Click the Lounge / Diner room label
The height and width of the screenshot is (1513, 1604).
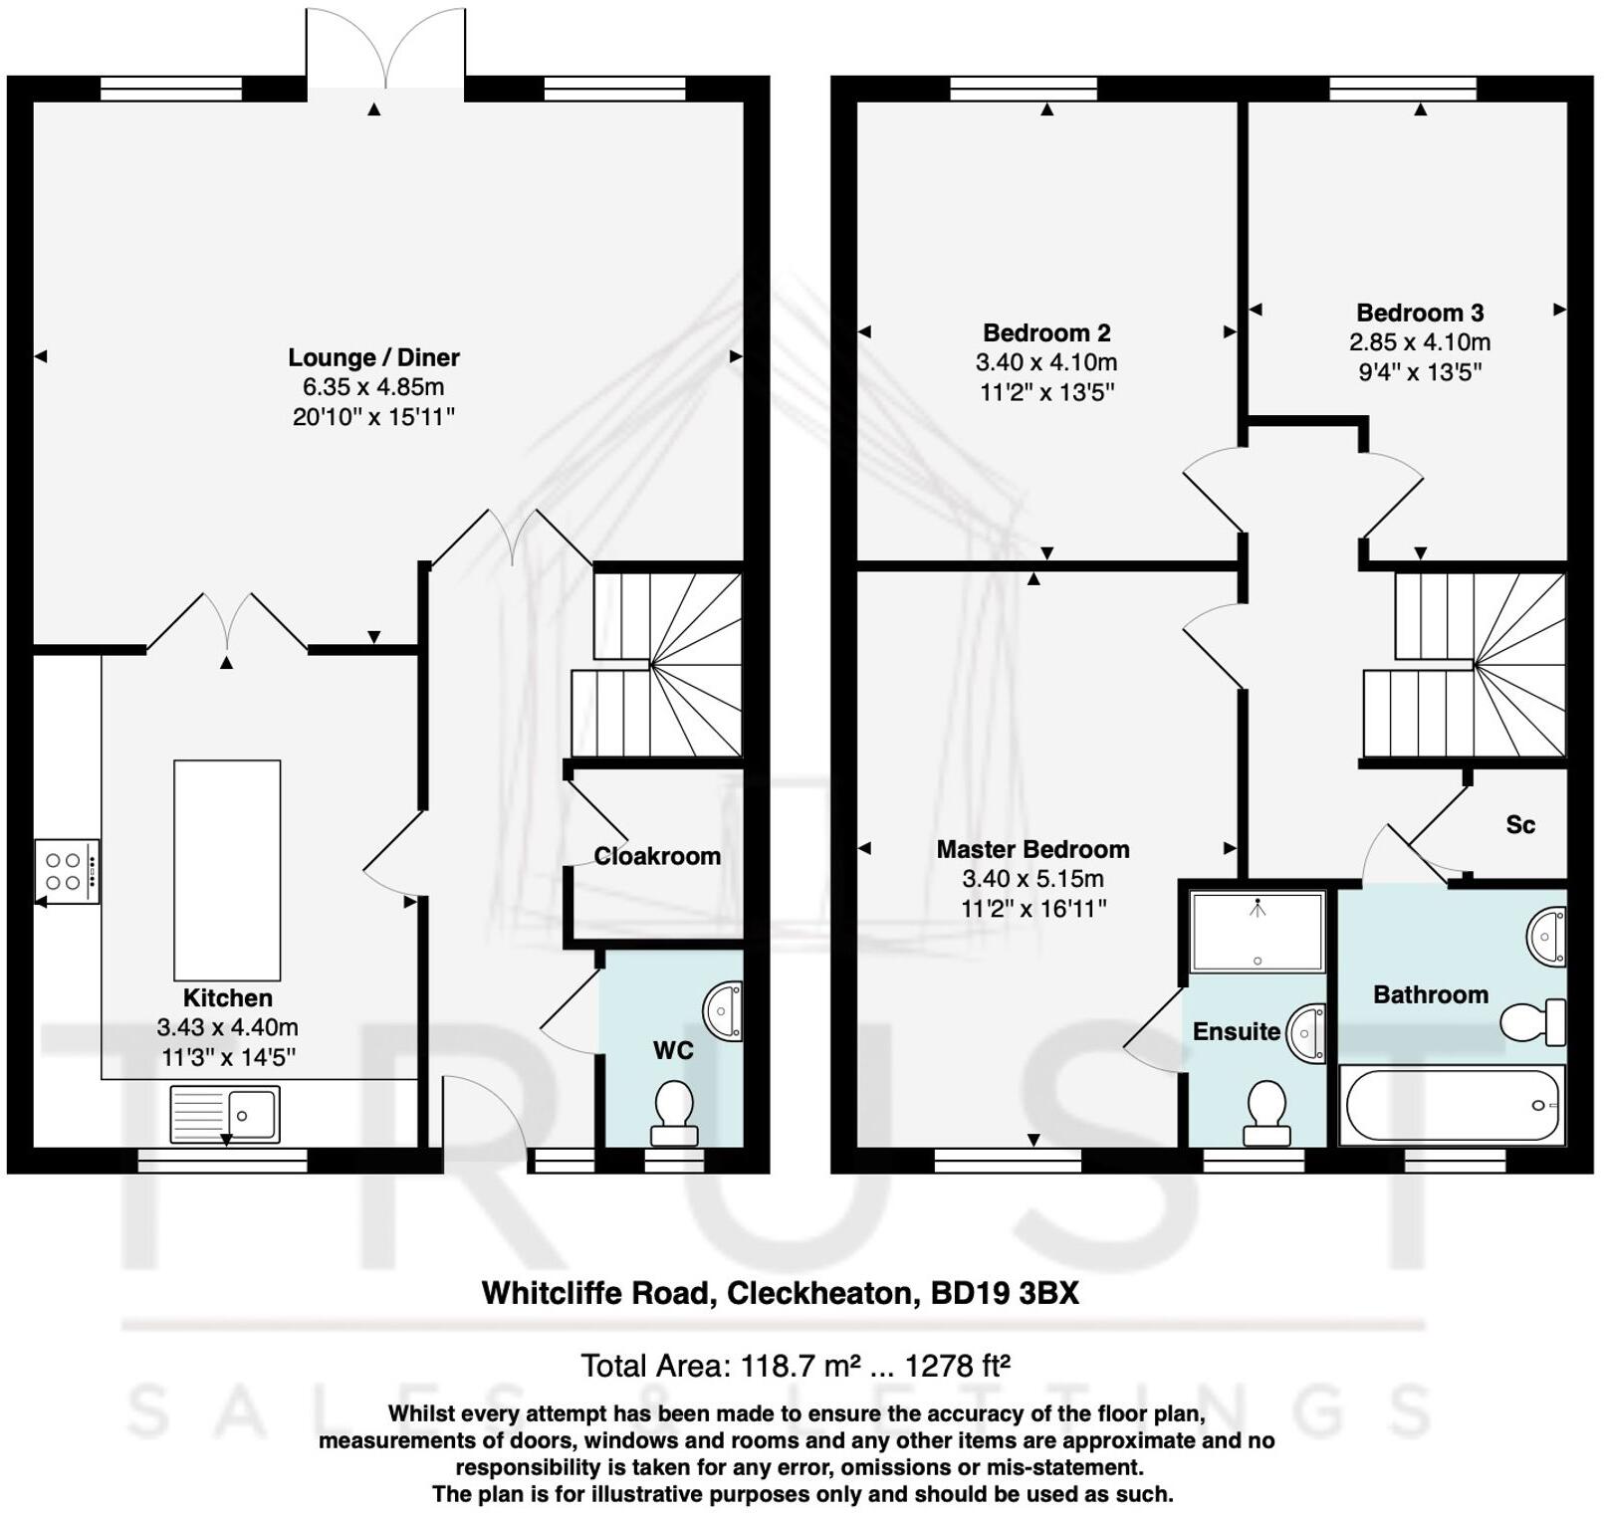pos(373,357)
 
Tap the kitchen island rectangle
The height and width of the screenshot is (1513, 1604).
pos(227,870)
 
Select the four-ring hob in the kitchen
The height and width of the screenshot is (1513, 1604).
pos(66,871)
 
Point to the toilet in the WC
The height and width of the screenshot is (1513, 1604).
pos(674,1114)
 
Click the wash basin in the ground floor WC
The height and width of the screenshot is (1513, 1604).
pos(724,1011)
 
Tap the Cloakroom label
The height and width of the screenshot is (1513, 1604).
pos(657,856)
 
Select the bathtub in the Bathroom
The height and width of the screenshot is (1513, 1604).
pos(1452,1105)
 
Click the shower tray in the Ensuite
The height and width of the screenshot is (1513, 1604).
pos(1258,932)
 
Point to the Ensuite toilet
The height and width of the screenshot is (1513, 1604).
pos(1266,1113)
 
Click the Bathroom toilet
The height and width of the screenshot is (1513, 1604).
pos(1531,1022)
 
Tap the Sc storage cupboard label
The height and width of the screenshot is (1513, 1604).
pos(1519,824)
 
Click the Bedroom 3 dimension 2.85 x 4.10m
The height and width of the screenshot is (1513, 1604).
pos(1419,342)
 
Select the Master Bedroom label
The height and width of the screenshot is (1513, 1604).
pos(1032,849)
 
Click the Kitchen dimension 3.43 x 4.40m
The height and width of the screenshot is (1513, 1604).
pos(227,1027)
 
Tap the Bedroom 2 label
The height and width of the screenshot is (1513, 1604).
pos(1046,332)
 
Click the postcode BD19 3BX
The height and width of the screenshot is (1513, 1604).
pos(1004,1293)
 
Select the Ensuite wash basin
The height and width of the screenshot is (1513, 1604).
pos(1308,1032)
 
